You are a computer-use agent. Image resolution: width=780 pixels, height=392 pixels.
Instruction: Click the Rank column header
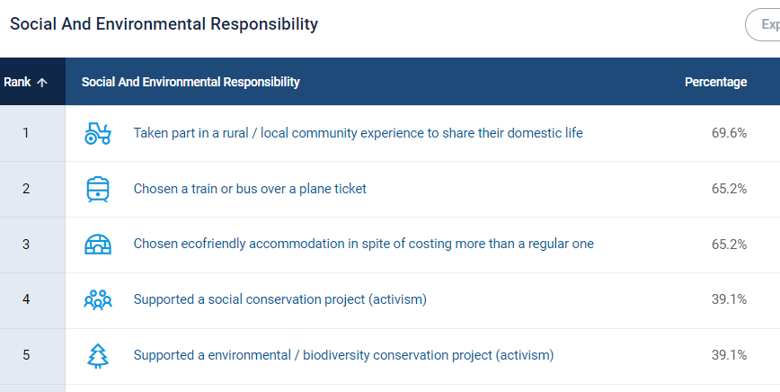[17, 82]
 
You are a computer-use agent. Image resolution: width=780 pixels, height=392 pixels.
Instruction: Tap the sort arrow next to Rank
[42, 83]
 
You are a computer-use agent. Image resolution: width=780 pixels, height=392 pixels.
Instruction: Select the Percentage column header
[715, 82]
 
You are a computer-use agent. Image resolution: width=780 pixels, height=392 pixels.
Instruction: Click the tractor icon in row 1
[97, 133]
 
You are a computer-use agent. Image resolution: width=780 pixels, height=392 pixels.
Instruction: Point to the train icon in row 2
[97, 189]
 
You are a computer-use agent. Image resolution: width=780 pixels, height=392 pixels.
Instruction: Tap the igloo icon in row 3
[97, 245]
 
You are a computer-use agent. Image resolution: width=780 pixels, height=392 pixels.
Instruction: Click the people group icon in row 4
[97, 299]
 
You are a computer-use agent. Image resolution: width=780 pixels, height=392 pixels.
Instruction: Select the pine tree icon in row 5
[97, 356]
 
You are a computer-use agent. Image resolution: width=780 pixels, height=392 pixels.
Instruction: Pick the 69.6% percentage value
[729, 133]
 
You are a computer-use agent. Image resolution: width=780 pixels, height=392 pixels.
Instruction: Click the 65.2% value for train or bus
[729, 189]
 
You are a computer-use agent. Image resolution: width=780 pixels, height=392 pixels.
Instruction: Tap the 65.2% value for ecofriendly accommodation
[729, 245]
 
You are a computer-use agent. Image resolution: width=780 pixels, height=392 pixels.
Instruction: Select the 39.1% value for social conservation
[729, 299]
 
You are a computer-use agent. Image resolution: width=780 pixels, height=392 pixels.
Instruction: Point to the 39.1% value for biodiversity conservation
[729, 355]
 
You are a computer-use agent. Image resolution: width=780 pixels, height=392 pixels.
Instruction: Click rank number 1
[26, 133]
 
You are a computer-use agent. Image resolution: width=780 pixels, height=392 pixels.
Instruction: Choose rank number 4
[26, 299]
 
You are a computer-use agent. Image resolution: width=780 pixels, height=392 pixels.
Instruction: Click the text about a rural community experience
[359, 133]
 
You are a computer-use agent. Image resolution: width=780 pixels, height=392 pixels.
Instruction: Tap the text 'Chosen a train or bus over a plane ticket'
[250, 189]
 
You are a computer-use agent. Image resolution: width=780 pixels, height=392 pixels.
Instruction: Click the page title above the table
[164, 24]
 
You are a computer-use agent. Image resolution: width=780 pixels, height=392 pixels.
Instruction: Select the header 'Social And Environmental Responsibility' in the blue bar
[191, 82]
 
